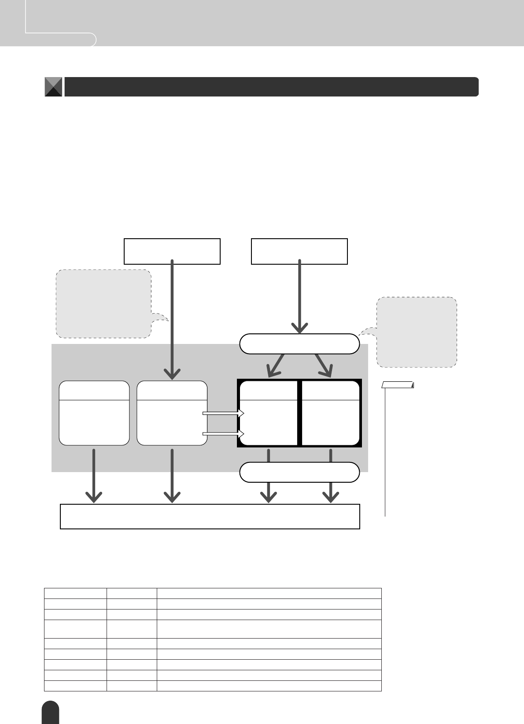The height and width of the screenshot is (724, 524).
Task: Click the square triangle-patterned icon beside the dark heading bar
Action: (53, 87)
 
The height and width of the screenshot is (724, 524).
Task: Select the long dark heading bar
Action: (271, 87)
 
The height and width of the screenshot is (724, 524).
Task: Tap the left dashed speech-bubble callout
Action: (104, 304)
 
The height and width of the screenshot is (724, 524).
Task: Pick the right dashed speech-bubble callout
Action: (417, 332)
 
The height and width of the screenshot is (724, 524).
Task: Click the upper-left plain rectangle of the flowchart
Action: (172, 251)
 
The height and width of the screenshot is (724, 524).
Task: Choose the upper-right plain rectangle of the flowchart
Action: (299, 251)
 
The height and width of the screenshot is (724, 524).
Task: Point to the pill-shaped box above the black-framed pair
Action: (299, 344)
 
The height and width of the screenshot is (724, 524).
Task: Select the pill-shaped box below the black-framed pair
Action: (299, 472)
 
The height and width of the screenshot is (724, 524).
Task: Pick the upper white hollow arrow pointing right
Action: (223, 414)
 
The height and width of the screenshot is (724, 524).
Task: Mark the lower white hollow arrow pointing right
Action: (223, 434)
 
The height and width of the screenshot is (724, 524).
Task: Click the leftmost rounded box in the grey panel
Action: (94, 413)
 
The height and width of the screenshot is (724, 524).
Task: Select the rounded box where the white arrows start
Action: (172, 413)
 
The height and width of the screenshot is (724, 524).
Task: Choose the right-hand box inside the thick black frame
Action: (331, 413)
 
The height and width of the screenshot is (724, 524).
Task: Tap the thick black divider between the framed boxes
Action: (299, 413)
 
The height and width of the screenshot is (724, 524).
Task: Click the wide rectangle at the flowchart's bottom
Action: (210, 516)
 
